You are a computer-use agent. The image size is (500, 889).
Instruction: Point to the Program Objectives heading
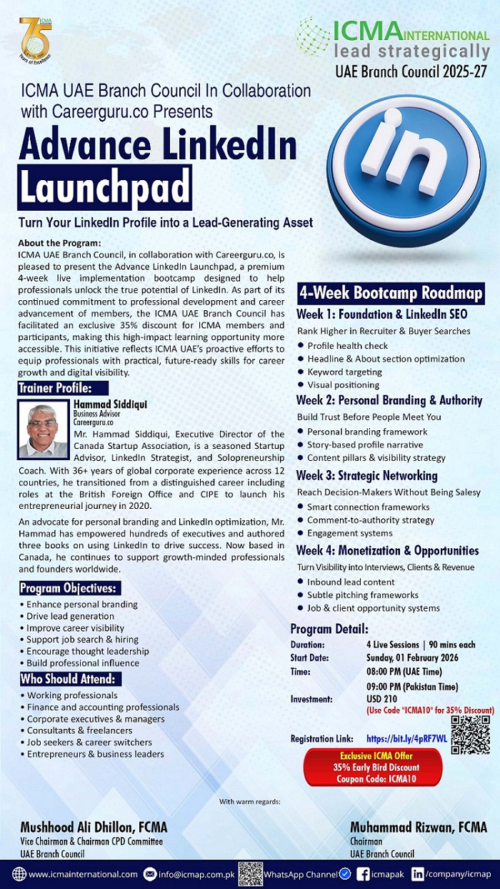[x=69, y=588]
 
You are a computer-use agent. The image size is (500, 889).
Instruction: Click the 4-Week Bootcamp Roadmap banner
[x=391, y=293]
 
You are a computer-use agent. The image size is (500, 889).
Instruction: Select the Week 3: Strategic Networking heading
[x=367, y=475]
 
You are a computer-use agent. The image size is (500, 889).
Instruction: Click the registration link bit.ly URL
[x=406, y=738]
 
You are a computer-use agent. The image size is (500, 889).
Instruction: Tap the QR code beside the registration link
[x=470, y=735]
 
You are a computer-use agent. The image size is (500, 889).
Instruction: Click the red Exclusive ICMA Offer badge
[x=374, y=767]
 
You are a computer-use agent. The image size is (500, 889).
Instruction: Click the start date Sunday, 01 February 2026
[x=412, y=657]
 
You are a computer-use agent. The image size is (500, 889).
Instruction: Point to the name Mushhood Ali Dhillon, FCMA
[x=94, y=828]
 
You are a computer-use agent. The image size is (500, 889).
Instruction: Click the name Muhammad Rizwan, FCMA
[x=419, y=828]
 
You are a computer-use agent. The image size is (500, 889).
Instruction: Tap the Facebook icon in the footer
[x=362, y=874]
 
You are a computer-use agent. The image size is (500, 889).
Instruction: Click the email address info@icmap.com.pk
[x=195, y=874]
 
